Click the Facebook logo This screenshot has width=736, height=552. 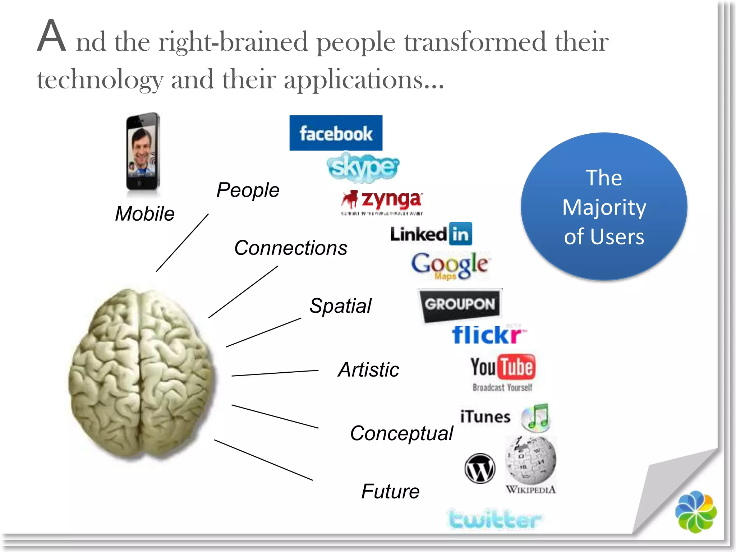click(x=336, y=133)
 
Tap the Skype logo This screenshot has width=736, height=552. click(x=363, y=167)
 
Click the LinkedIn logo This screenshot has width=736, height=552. click(x=431, y=234)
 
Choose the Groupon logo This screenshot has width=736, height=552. click(x=460, y=305)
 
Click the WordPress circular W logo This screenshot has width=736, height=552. click(x=480, y=468)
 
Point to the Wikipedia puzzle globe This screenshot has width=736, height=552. click(x=531, y=461)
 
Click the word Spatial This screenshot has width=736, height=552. click(x=340, y=306)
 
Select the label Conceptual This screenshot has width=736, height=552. click(x=401, y=433)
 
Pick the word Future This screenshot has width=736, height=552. click(x=390, y=492)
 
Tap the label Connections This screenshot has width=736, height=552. click(x=291, y=248)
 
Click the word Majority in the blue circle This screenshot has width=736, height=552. click(x=604, y=207)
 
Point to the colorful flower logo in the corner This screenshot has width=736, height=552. click(x=696, y=512)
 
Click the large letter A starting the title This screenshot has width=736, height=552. click(x=52, y=36)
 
